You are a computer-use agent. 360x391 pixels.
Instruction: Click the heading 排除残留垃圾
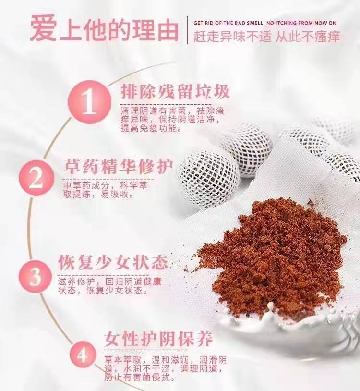pyautogui.click(x=175, y=91)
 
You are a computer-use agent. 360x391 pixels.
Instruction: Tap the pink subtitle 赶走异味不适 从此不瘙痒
pyautogui.click(x=267, y=37)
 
